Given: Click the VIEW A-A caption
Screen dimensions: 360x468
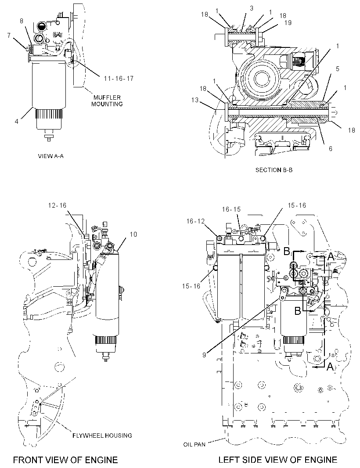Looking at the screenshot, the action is point(51,156).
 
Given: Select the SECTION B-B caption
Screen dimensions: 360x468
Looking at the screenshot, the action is point(274,170).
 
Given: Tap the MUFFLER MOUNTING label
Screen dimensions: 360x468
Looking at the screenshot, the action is point(107,101).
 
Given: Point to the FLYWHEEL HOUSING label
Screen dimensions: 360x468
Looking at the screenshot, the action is point(102,436).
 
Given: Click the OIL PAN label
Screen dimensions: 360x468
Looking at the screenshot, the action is point(194,444).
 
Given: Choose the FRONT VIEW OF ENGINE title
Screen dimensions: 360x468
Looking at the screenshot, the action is point(65,460).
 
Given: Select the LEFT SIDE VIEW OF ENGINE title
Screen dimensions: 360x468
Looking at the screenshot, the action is point(277,460).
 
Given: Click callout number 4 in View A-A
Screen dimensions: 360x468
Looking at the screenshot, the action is point(17,122).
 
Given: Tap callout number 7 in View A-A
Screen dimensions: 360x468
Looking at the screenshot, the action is point(9,36).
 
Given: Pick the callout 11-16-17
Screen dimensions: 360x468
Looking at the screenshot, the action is point(119,79).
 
